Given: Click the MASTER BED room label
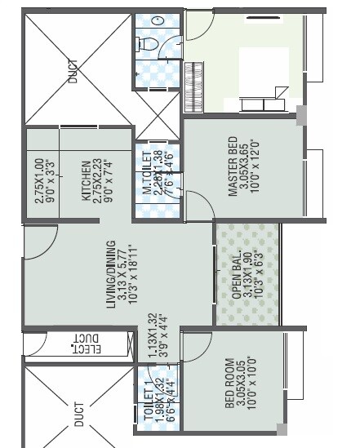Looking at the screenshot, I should coord(233,166).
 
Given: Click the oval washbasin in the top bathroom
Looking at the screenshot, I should coord(159,19).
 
